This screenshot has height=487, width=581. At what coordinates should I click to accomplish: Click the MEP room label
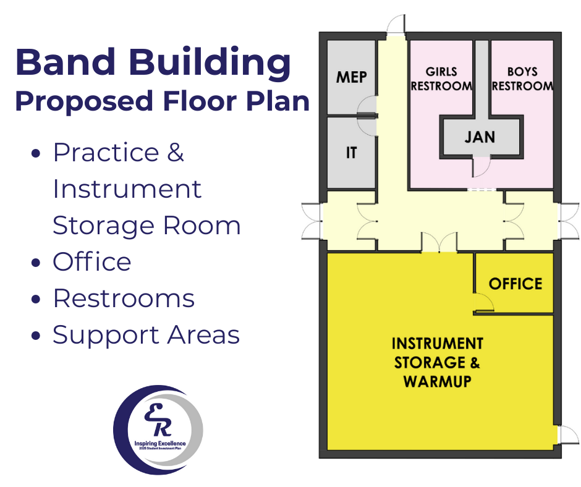pos(351,77)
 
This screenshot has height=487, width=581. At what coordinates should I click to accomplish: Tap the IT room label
pos(351,152)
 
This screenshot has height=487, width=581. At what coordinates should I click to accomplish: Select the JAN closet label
pos(480,136)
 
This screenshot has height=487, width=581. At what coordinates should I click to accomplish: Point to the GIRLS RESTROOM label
pos(441,79)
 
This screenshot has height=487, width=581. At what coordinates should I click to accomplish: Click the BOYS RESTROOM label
pos(522,79)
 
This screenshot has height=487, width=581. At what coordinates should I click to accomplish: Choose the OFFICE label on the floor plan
pos(515,284)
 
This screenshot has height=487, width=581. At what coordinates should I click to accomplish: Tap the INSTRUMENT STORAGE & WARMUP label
pos(437,362)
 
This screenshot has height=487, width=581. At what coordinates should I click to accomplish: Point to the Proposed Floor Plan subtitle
pos(162,101)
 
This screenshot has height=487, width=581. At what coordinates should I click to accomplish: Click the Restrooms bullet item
pos(124,299)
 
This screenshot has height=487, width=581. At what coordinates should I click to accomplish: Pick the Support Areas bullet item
pos(146,334)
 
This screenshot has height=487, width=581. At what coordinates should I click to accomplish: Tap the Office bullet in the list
pos(91,262)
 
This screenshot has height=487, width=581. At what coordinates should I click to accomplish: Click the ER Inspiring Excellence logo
pos(158,430)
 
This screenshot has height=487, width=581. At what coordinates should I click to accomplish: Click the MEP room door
pos(367,106)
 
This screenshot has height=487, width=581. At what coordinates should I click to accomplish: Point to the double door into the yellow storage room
pos(439,243)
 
